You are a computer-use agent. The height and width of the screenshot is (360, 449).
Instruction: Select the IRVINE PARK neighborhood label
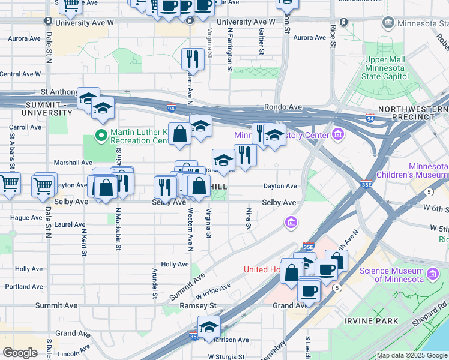point(371,321)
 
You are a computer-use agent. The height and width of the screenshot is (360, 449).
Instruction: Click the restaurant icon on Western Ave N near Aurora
point(193,59)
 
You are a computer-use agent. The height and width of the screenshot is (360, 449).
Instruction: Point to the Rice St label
point(333,36)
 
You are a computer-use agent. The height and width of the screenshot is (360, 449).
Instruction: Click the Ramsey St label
point(198,305)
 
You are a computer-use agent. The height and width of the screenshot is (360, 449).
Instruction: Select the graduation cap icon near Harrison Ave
point(209,327)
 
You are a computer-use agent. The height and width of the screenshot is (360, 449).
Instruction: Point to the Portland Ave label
point(24,287)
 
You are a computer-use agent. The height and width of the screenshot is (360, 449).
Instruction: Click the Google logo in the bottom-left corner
point(20,353)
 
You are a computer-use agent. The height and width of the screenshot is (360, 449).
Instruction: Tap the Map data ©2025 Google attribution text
point(412,356)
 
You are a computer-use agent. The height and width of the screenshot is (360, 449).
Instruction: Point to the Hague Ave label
point(25,217)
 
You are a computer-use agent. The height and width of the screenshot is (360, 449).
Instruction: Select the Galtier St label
point(262,41)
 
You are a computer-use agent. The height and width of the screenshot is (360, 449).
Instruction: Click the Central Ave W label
point(20,74)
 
